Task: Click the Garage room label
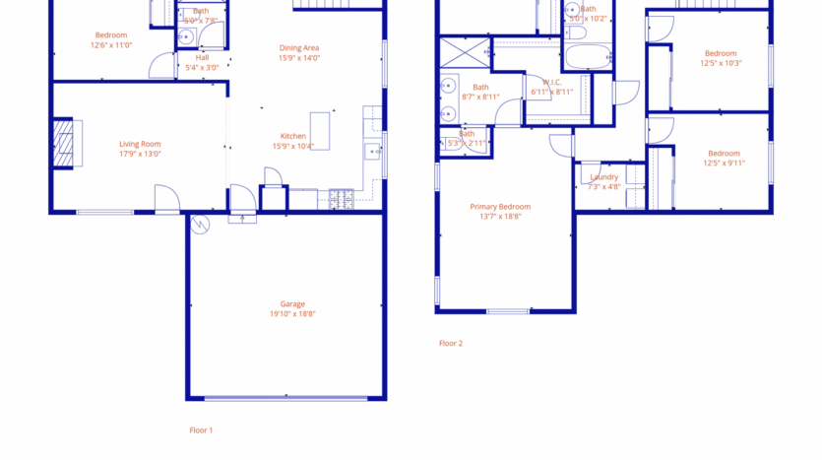tap(292, 304)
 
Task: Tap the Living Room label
tap(140, 144)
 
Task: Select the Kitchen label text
tap(293, 136)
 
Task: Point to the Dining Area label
tap(299, 47)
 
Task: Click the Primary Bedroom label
tap(500, 207)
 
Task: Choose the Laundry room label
tap(604, 177)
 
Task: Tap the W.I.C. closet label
tap(551, 82)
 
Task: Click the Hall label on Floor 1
tap(202, 57)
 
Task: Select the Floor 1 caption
tap(201, 429)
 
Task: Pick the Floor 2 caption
tap(451, 343)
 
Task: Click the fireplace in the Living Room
tap(64, 145)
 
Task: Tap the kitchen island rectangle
tap(320, 131)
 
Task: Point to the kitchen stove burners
tap(342, 198)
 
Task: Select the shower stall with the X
tap(464, 51)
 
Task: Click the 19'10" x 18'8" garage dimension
tap(292, 314)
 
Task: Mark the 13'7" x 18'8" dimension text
tap(500, 217)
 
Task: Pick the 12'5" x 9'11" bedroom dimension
tap(724, 163)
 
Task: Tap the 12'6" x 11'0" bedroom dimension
tap(111, 44)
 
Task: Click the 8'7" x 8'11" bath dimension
tap(480, 97)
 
